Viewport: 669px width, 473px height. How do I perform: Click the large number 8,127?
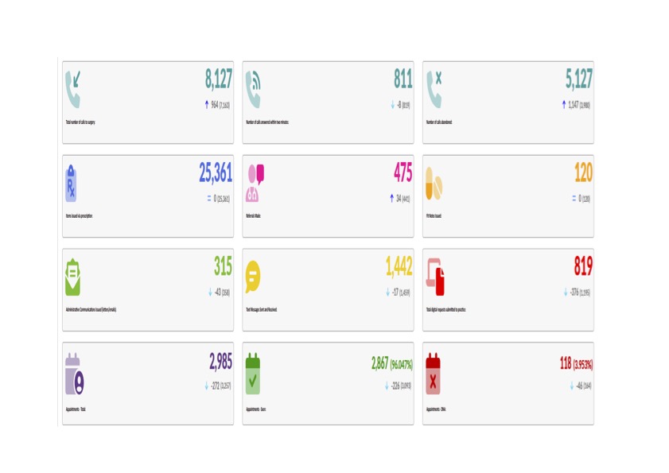coord(219,79)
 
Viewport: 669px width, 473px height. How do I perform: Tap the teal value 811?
coord(403,79)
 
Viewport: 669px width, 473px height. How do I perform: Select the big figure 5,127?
coord(578,79)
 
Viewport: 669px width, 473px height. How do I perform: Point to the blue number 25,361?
coord(215,173)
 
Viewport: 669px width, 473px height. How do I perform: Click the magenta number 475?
coord(403,173)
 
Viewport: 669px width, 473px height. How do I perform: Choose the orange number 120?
coord(583,173)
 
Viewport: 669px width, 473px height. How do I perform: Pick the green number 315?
coord(223,266)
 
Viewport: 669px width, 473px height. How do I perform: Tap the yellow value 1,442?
coord(399,266)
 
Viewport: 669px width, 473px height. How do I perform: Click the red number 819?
coord(583,266)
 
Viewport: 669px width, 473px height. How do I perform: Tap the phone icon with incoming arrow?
coord(74,88)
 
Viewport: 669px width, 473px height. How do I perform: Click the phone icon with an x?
coord(434,88)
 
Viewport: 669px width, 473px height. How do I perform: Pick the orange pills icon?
coord(434,184)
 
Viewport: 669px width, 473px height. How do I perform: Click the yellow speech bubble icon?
coord(253,276)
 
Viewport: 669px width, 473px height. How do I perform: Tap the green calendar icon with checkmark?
coord(253,374)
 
